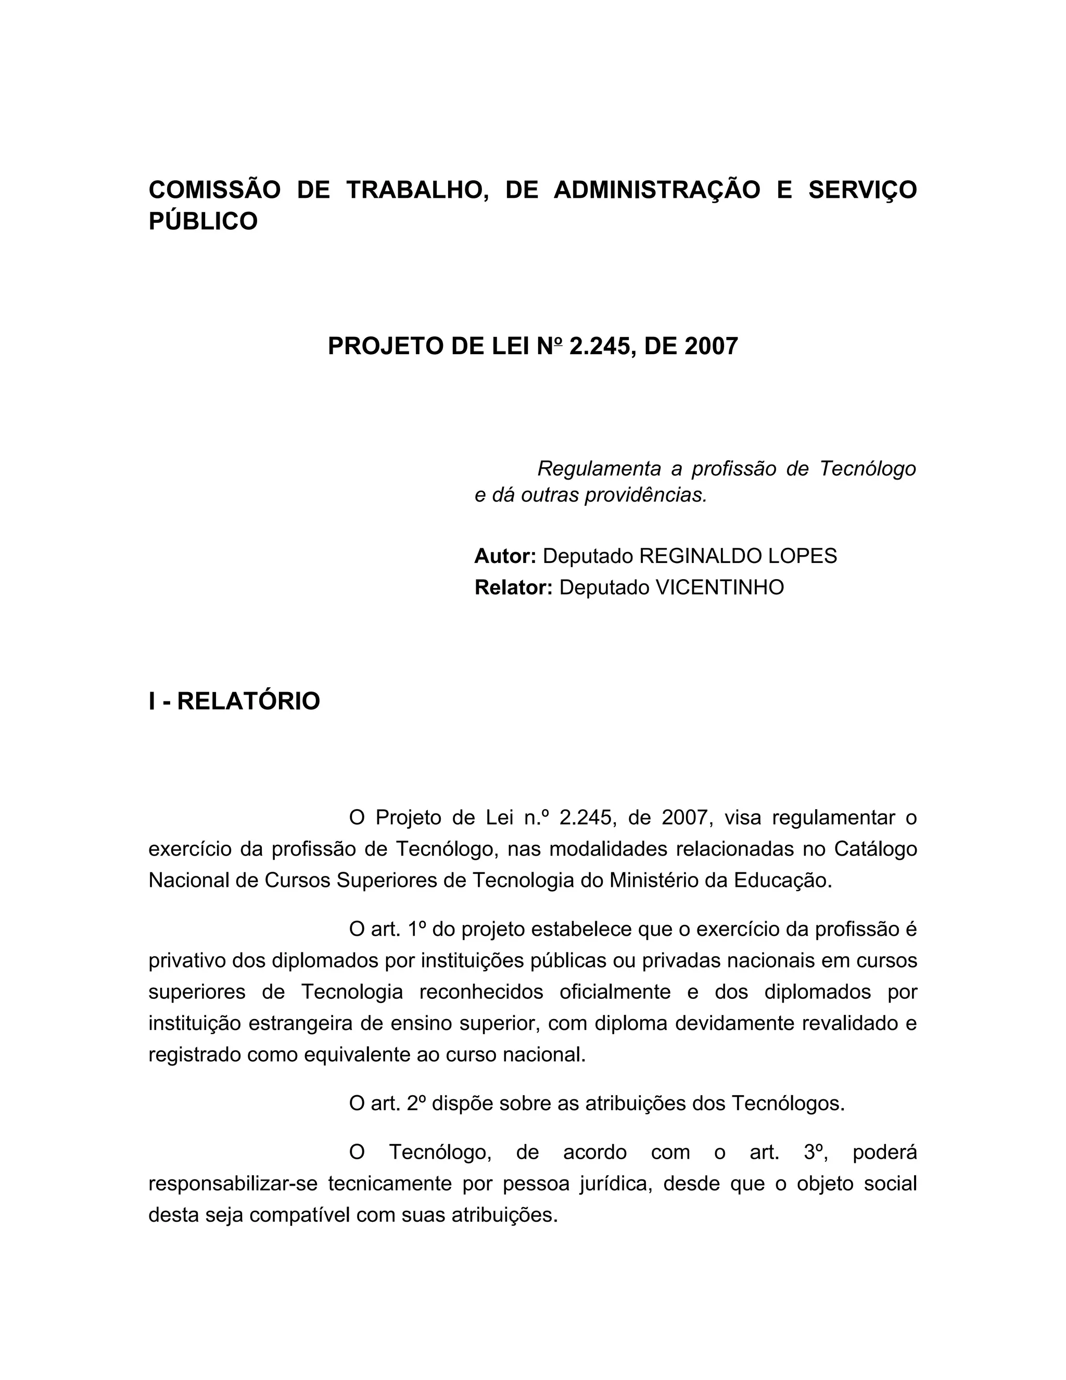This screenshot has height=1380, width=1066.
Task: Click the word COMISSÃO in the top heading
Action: point(214,190)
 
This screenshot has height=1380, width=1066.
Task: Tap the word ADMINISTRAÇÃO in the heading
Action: point(657,190)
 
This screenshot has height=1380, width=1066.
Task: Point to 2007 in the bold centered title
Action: point(711,346)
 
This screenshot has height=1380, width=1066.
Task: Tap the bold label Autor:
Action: point(504,556)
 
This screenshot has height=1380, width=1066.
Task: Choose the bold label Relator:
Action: point(513,587)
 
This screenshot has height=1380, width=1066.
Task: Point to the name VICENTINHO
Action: point(719,587)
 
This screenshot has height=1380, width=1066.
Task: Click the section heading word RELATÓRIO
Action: point(248,701)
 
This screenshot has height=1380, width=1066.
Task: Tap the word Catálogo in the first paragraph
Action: point(875,849)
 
